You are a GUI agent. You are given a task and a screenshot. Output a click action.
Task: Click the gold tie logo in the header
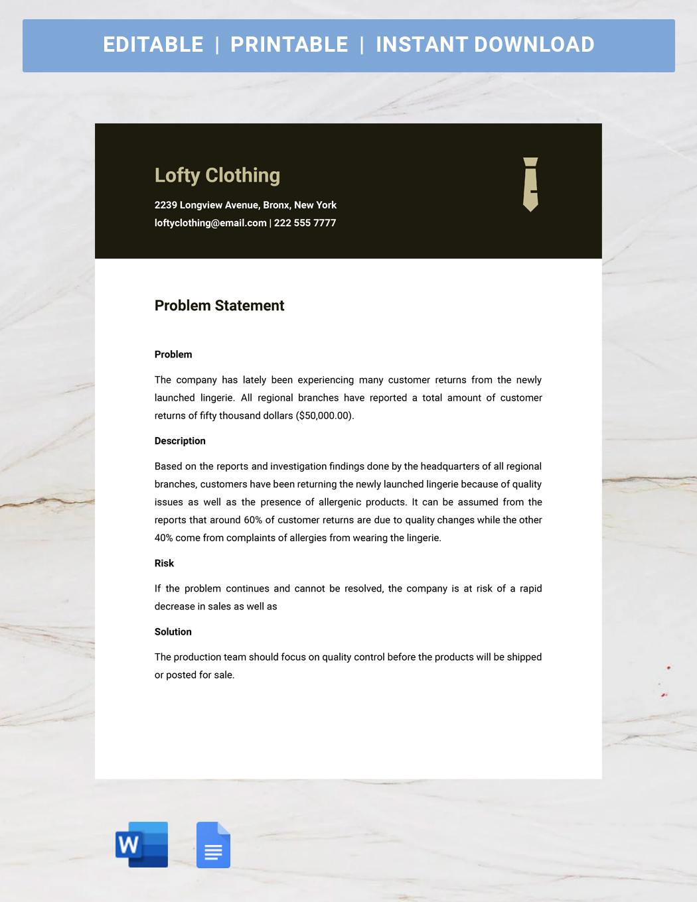[530, 184]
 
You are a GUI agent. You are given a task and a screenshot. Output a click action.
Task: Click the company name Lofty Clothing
[217, 175]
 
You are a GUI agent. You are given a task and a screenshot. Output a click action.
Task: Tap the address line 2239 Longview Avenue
[245, 205]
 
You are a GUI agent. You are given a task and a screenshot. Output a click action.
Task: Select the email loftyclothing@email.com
[210, 223]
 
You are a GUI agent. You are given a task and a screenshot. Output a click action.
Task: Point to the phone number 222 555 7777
[305, 223]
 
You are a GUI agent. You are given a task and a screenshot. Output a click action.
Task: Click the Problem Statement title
[219, 306]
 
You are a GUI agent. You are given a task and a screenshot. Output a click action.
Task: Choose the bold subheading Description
[180, 441]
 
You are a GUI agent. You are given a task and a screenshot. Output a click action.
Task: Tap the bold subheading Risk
[164, 563]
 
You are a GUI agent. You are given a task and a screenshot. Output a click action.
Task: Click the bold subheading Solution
[173, 632]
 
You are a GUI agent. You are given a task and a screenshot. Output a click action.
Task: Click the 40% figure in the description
[163, 538]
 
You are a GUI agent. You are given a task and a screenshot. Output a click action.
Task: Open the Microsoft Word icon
[141, 844]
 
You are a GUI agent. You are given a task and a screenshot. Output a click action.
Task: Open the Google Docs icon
[213, 844]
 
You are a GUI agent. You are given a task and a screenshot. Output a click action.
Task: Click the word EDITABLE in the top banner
[153, 44]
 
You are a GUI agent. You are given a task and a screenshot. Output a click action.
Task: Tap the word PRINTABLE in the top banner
[289, 44]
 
